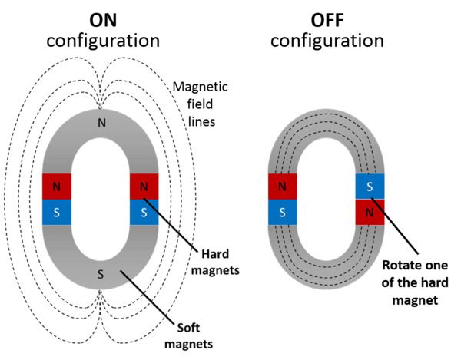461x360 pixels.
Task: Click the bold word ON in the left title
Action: click(x=103, y=20)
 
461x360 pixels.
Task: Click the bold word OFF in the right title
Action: click(x=327, y=20)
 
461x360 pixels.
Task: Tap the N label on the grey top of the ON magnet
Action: click(x=101, y=123)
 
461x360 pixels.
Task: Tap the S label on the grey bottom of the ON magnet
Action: click(x=101, y=275)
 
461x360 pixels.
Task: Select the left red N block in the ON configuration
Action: click(x=57, y=187)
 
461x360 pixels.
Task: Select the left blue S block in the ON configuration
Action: click(x=57, y=213)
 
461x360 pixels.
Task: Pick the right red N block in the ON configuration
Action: click(x=144, y=187)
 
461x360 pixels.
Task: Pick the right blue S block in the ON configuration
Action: click(x=144, y=213)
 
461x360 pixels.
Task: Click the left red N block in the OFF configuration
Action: click(x=282, y=187)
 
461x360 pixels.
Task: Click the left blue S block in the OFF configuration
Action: click(x=282, y=213)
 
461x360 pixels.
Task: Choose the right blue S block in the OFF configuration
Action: click(x=370, y=187)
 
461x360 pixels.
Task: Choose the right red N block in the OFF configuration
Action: click(x=370, y=213)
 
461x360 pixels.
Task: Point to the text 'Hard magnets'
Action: click(x=215, y=262)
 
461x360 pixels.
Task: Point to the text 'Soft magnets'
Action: click(x=188, y=335)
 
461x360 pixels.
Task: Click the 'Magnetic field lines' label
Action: click(x=201, y=104)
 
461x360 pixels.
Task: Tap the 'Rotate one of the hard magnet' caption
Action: click(x=415, y=282)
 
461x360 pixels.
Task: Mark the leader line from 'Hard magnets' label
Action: click(x=170, y=225)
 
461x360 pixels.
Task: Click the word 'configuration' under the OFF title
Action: click(x=327, y=41)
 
